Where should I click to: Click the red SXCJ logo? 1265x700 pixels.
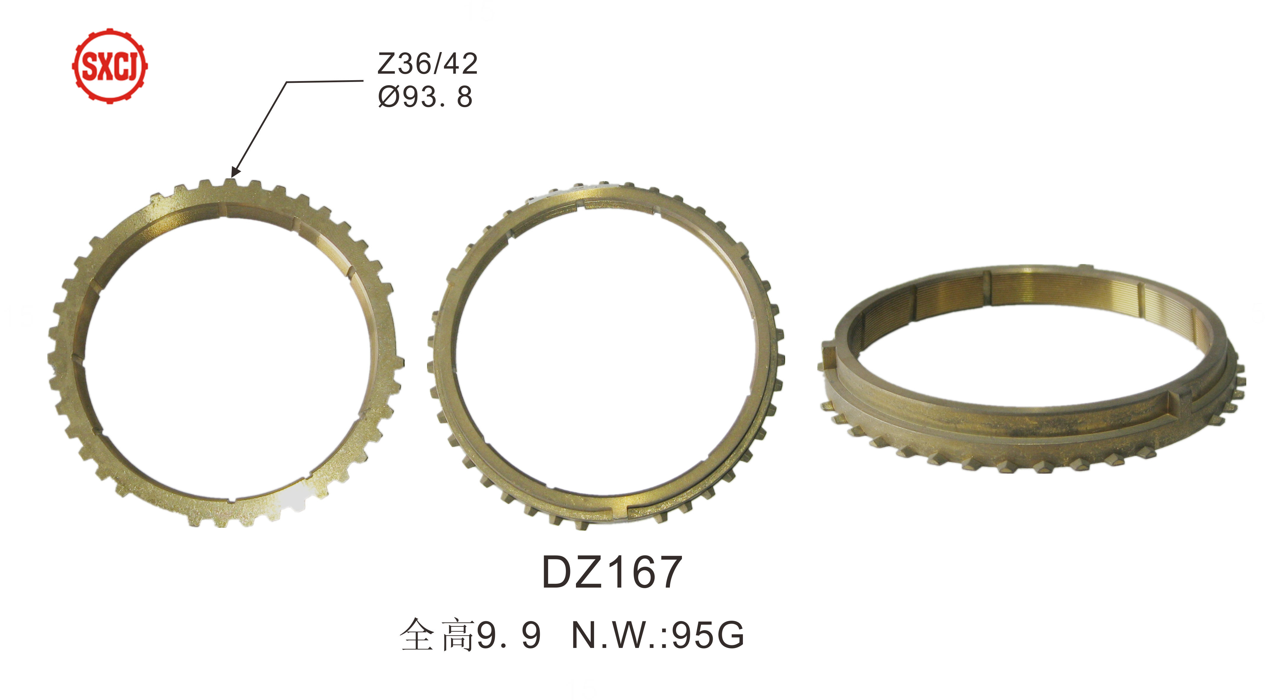pyautogui.click(x=110, y=65)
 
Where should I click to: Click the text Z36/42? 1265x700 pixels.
pyautogui.click(x=427, y=64)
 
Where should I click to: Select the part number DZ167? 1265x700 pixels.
pyautogui.click(x=611, y=572)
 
